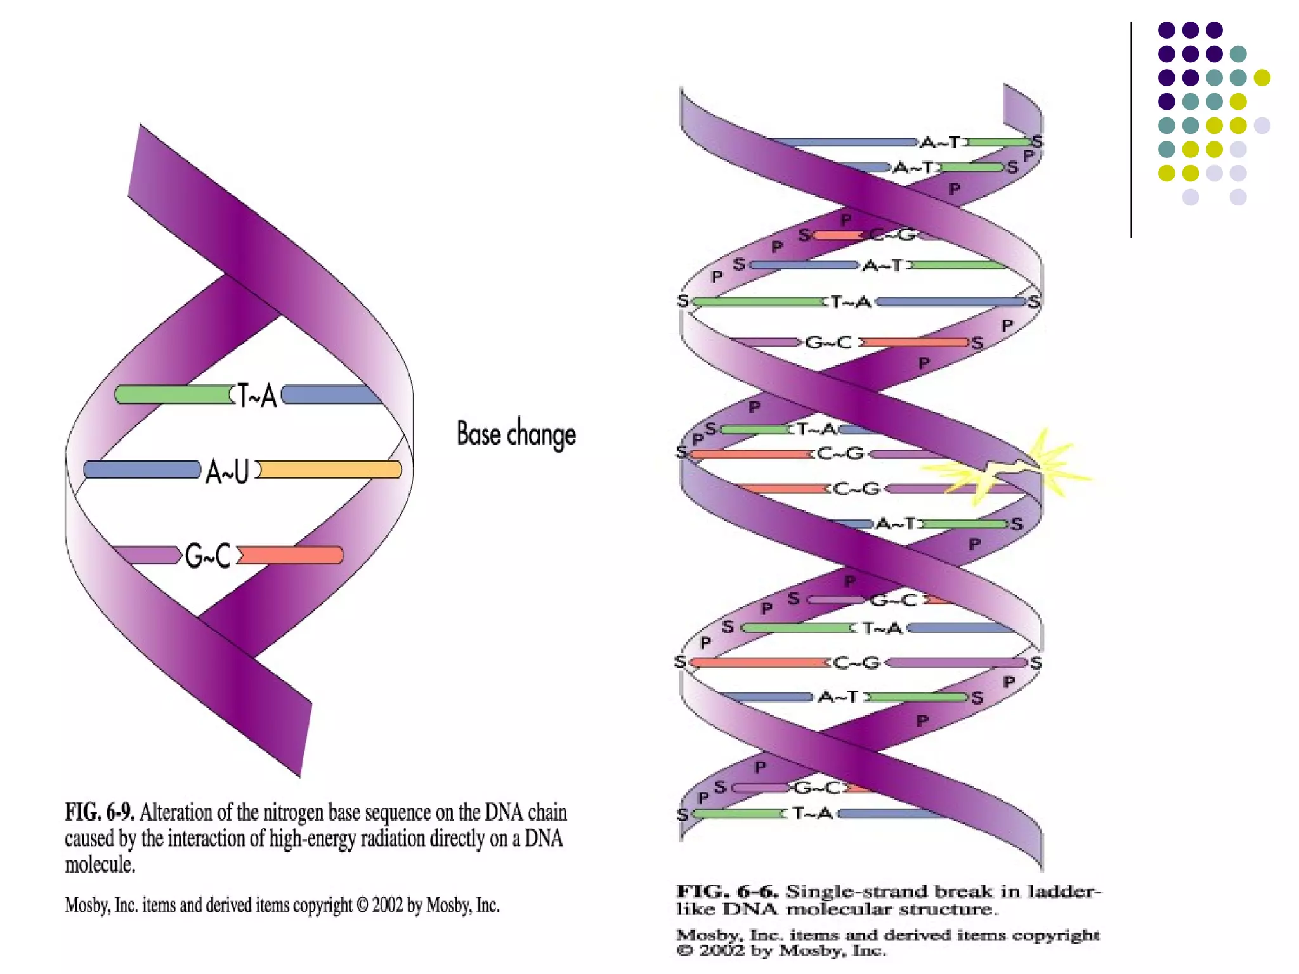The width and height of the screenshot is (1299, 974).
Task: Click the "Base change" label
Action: point(516,435)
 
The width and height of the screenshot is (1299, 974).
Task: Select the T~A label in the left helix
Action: point(257,396)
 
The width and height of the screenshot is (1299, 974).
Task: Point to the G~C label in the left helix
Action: point(208,556)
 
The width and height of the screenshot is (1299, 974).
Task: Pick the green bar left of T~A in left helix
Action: point(173,394)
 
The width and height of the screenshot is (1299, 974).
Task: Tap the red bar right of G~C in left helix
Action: point(290,555)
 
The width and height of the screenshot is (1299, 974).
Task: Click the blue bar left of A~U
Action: point(142,470)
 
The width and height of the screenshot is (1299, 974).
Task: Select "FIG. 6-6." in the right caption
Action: point(727,892)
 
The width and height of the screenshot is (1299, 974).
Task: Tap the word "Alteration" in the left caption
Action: point(176,812)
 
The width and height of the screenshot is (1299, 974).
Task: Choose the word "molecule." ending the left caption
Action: point(100,864)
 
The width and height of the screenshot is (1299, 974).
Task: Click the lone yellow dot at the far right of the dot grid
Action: point(1262,77)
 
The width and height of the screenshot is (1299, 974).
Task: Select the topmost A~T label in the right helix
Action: point(940,143)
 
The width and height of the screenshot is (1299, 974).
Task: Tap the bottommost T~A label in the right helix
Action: point(813,813)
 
